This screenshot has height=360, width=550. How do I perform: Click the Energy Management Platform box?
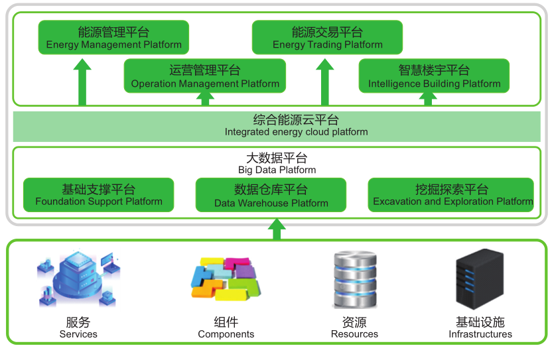click(113, 38)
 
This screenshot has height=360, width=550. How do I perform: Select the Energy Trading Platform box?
click(327, 38)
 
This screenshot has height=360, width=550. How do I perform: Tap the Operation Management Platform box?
click(205, 76)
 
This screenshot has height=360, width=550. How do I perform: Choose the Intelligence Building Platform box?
click(434, 76)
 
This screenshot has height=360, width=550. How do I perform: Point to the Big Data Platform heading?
click(277, 163)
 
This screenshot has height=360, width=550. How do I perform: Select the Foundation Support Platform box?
click(98, 195)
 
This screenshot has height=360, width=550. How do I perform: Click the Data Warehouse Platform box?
click(271, 196)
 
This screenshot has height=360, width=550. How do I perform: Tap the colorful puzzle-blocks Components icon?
click(226, 278)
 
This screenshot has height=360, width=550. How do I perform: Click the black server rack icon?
click(480, 278)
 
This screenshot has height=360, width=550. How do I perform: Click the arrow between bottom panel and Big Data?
click(277, 229)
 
